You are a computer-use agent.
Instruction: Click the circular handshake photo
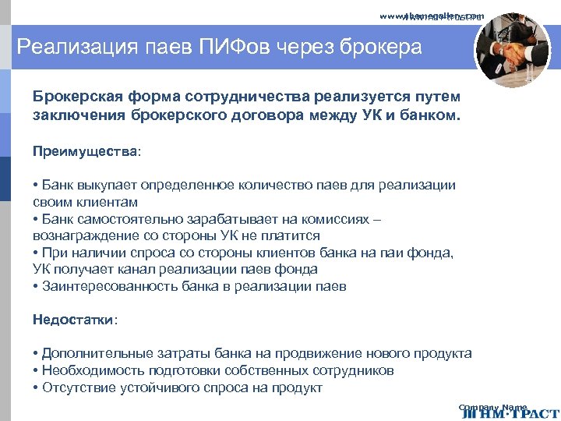512,51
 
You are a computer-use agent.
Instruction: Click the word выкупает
105,186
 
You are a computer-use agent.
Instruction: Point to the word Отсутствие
76,388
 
